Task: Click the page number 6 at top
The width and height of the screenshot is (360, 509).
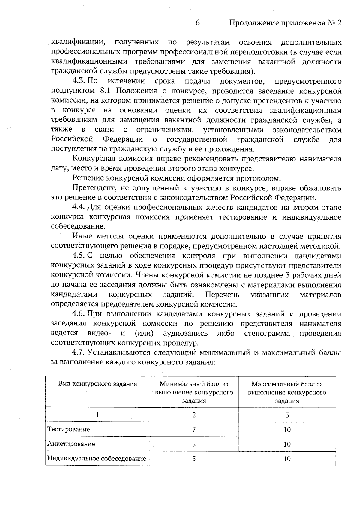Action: (197, 23)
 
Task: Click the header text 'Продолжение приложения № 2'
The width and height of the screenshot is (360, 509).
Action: (285, 23)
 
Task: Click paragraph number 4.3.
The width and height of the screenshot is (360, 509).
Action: (79, 81)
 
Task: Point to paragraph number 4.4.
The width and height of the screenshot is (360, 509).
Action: (79, 208)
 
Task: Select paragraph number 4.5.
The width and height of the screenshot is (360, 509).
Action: (79, 256)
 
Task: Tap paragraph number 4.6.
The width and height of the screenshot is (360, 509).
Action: (79, 314)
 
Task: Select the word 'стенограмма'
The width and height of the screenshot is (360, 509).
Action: (267, 333)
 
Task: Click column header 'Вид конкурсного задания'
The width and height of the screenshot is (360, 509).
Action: (97, 384)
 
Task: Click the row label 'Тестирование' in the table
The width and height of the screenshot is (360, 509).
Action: (69, 429)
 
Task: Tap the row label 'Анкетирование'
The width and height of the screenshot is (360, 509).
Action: (71, 444)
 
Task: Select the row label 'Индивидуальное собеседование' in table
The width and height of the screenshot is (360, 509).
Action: (97, 458)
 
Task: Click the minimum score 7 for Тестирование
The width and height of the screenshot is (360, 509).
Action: (194, 430)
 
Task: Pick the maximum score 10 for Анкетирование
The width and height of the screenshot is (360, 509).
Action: (287, 444)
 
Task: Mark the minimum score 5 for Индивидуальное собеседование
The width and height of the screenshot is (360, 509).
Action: (194, 459)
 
